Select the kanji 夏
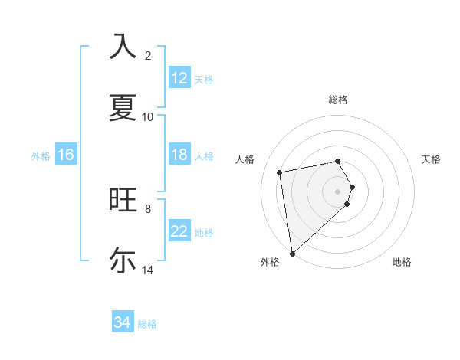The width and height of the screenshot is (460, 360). coord(123,108)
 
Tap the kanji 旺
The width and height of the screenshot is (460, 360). coord(123,200)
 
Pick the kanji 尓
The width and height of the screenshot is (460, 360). coord(123,260)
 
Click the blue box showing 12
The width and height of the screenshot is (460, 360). coord(179,78)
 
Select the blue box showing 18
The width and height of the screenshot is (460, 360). coord(179,155)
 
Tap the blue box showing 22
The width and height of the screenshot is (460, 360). coord(179,231)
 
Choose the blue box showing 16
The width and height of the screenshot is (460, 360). coord(66,155)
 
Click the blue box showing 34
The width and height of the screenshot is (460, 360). coord(123,323)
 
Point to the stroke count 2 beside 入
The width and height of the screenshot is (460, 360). coord(148,55)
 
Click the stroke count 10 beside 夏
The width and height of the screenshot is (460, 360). coord(148,116)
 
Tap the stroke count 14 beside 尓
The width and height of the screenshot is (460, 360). coord(148,270)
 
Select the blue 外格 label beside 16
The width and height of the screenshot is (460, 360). coord(41,155)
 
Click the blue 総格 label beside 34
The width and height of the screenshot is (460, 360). coord(147,324)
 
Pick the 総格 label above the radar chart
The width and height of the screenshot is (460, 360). coord(338,100)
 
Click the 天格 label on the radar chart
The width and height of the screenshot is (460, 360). coord(432,159)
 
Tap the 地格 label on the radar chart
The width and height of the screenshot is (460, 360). coord(402,262)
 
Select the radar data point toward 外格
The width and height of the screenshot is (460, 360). coord(292,253)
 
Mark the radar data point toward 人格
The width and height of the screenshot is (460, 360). coord(280,172)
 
